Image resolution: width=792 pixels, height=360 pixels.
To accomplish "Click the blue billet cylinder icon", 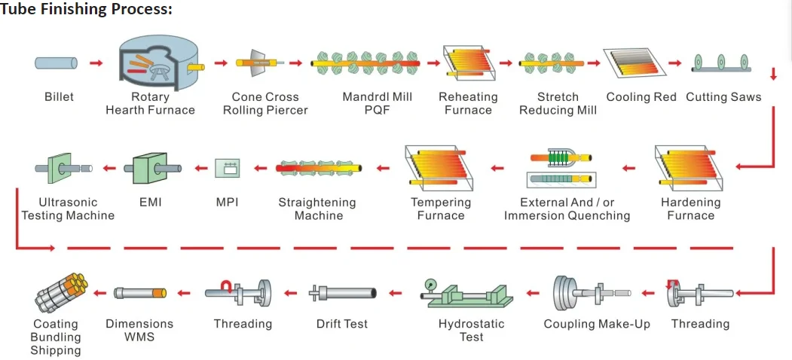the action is (56, 63).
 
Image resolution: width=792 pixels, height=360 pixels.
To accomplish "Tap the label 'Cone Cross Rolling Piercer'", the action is (265, 103).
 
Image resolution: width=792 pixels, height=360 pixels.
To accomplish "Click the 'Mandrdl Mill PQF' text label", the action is (378, 103).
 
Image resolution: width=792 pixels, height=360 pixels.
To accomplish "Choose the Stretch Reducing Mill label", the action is (558, 103).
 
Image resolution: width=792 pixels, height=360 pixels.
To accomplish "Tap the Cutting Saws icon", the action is (721, 63).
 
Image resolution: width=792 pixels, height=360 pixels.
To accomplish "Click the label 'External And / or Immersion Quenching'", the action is (567, 209).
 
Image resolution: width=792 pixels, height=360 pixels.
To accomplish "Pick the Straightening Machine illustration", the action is (320, 168).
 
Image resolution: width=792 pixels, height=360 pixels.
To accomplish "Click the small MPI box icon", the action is (224, 168).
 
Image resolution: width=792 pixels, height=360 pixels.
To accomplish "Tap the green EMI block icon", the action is (152, 168).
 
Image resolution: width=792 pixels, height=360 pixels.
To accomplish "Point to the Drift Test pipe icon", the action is (343, 293).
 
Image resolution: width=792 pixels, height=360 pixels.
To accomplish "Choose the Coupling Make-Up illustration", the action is (592, 293).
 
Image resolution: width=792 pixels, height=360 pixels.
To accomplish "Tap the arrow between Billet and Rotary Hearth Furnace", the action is (96, 63).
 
